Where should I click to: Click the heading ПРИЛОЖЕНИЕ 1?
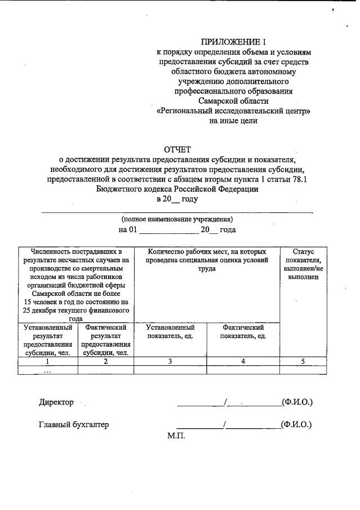233,41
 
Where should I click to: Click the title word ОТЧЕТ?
177,149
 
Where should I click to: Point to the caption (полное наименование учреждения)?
177,219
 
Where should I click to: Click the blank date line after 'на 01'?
168,230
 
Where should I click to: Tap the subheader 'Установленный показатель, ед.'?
170,331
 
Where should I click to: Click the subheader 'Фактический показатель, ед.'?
243,331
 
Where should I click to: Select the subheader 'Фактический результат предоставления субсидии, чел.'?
105,340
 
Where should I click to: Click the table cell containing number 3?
170,362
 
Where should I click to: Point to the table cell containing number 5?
303,362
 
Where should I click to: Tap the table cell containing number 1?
48,362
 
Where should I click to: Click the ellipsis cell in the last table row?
48,370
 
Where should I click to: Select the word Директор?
56,402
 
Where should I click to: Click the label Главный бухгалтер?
74,425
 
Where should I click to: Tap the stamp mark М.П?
176,436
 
